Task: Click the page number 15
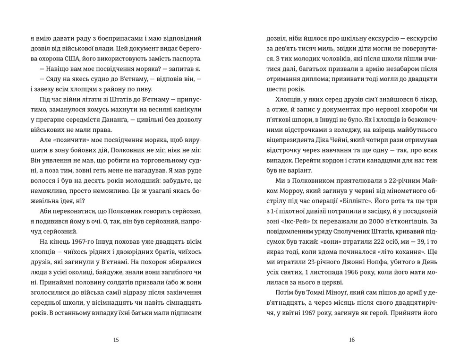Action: [x=116, y=339]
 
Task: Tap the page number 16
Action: [x=351, y=339]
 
